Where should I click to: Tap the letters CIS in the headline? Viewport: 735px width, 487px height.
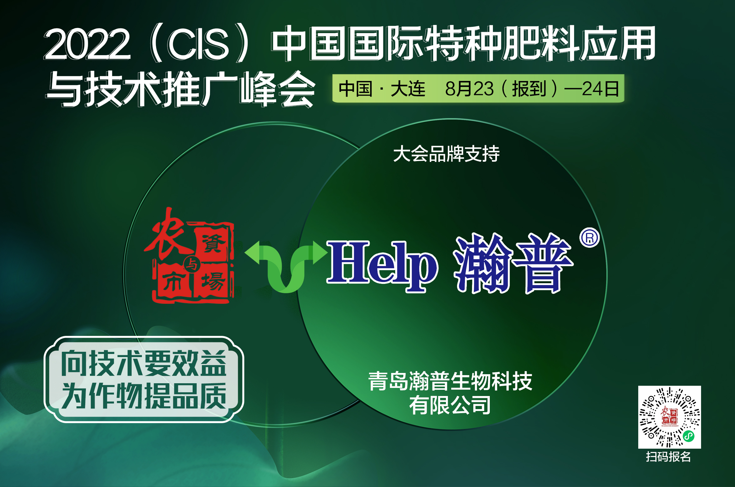(198, 44)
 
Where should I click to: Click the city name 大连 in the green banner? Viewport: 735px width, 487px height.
(408, 89)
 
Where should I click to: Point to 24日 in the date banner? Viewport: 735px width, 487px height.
(601, 89)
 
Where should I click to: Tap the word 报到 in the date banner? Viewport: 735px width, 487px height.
(529, 89)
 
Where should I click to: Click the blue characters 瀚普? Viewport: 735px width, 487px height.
(513, 263)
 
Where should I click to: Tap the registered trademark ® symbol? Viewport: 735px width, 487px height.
(589, 238)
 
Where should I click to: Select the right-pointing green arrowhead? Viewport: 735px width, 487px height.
(320, 253)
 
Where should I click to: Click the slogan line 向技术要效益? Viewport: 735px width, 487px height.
(143, 363)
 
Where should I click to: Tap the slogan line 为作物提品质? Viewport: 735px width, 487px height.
(143, 396)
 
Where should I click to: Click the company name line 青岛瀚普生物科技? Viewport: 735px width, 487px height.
(450, 381)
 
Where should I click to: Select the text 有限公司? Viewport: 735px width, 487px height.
(450, 405)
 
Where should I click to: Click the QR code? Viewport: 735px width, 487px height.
(669, 417)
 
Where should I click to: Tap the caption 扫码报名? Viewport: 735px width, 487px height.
(668, 457)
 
